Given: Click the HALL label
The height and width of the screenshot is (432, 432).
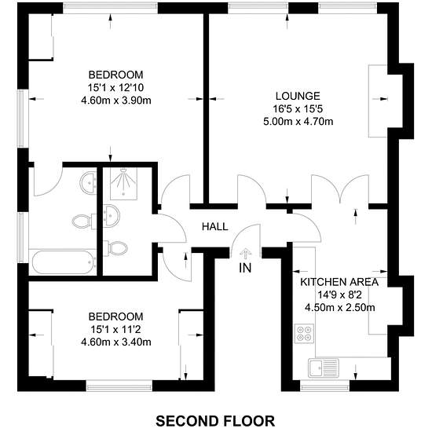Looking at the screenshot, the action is pos(215,226).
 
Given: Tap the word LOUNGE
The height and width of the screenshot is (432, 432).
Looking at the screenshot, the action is pos(298,96).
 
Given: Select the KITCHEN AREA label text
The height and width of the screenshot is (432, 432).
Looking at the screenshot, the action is pos(339,282).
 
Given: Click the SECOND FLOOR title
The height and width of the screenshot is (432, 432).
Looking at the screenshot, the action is pos(215,421).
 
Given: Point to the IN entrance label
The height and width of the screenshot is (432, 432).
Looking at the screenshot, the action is pos(245,268).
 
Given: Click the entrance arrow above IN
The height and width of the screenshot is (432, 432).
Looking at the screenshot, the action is pos(244,254).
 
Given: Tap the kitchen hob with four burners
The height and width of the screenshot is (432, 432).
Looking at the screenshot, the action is pos(304,333).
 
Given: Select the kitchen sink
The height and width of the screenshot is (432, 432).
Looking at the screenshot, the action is pos(324,368).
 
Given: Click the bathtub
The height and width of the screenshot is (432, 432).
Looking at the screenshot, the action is pos(64,262).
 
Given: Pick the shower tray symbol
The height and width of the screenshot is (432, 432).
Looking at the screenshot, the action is pos(123,184).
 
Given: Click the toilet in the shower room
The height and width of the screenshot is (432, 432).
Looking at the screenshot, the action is pos(115,248).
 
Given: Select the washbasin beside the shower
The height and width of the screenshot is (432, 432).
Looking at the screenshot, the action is pos(112,216).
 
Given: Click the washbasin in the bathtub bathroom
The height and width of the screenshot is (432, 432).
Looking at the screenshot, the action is pos(88,182).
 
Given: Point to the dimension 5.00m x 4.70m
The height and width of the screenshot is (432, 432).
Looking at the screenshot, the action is pos(298,122).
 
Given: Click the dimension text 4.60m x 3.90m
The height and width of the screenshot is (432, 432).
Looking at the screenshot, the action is pos(116,101).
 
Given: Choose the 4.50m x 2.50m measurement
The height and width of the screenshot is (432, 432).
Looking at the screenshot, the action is pos(339,307).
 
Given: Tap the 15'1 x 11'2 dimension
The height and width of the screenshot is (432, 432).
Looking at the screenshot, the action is pos(115,329).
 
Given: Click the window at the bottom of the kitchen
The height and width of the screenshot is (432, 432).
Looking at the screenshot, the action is pos(324,386).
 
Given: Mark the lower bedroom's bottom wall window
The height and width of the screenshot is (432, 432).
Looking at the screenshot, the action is pos(119,386).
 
